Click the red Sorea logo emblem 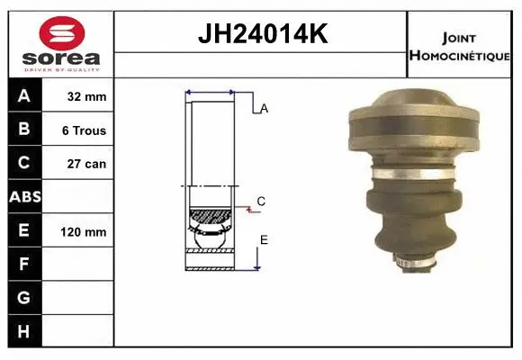coord(62,33)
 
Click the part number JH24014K coord(263,33)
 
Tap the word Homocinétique coord(459,55)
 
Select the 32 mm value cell coord(77,96)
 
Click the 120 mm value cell coord(77,231)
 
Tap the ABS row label coord(25,197)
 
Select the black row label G coord(25,297)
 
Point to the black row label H coord(25,331)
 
